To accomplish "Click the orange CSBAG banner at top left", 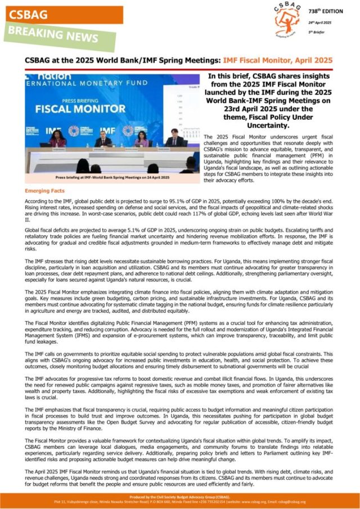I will click(62, 15).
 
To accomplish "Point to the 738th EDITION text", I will click(336, 12).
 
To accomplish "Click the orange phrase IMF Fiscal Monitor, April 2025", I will click(278, 60).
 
